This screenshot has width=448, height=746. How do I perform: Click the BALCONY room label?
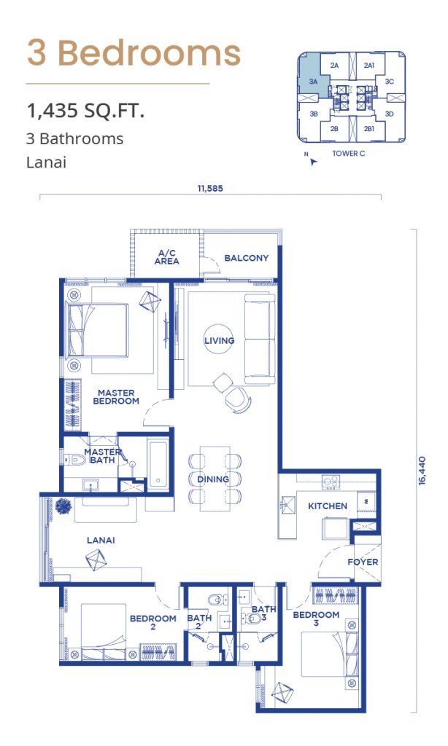click(x=247, y=258)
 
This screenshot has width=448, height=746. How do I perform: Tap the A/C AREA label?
click(x=167, y=257)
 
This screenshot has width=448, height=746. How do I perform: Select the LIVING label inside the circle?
click(x=219, y=341)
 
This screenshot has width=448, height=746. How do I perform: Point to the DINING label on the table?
click(x=213, y=479)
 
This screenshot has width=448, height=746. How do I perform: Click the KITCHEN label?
click(x=328, y=506)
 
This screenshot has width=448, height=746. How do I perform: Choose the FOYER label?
click(x=363, y=562)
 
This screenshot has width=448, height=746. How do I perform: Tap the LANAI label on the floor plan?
click(x=101, y=540)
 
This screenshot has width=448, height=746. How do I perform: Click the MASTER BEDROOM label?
click(x=116, y=397)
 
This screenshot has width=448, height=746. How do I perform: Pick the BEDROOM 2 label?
click(x=153, y=622)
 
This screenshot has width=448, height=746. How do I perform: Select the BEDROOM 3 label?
click(x=316, y=619)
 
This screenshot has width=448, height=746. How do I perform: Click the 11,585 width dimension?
click(x=210, y=189)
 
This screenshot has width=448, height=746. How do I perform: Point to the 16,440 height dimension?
click(x=422, y=471)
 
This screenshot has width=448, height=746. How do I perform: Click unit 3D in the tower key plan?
click(x=390, y=114)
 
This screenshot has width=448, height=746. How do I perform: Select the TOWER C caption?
click(x=349, y=153)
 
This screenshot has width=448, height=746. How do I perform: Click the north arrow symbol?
click(x=312, y=162)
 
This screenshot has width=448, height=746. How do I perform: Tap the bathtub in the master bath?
click(x=158, y=466)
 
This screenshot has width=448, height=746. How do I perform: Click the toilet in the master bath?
click(x=75, y=460)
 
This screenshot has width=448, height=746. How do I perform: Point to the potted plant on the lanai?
click(x=63, y=506)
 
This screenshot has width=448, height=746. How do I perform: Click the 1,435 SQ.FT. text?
click(x=86, y=111)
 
